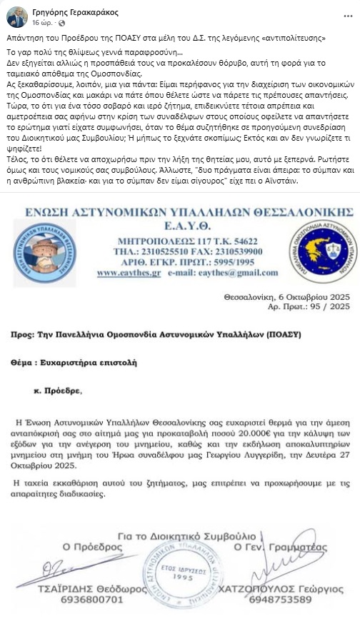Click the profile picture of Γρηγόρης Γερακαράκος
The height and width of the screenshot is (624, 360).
click(16, 16)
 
